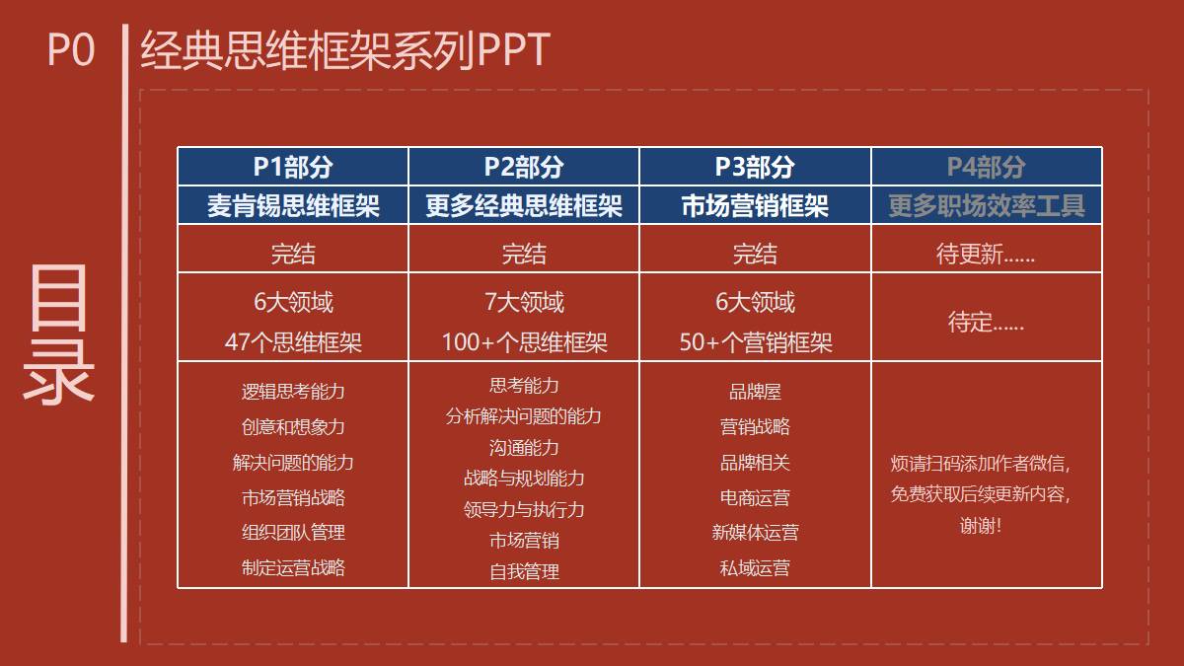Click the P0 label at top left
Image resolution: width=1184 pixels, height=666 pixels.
tap(71, 49)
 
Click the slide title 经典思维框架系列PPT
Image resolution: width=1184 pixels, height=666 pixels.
tap(345, 49)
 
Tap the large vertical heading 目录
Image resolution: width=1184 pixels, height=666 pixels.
tap(58, 334)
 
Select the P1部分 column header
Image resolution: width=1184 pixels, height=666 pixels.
tap(293, 167)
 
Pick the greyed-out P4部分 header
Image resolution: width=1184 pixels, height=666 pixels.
tap(987, 167)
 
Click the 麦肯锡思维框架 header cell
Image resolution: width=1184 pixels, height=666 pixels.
tap(293, 205)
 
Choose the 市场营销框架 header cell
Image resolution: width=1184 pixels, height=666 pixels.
tap(755, 205)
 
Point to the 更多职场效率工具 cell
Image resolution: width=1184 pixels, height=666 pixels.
tap(987, 205)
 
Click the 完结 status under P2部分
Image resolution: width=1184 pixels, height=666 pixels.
tap(524, 254)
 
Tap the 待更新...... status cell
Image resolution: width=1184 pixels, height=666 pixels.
tap(986, 254)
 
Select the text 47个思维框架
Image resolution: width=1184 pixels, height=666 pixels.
tap(293, 342)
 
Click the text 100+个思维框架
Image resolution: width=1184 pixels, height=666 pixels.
tap(524, 342)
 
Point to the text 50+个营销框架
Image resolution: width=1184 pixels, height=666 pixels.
tap(756, 342)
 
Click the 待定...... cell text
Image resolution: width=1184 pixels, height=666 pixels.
tap(986, 322)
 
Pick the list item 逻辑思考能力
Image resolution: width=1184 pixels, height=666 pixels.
tap(293, 392)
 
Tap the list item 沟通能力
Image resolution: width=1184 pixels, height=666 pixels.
tap(524, 448)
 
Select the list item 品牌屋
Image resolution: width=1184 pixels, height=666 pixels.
tap(755, 392)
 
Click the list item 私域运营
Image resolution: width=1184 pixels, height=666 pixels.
tap(755, 567)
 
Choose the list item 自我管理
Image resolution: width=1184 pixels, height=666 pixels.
tap(524, 571)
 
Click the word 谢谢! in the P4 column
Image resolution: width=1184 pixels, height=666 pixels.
tap(981, 525)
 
